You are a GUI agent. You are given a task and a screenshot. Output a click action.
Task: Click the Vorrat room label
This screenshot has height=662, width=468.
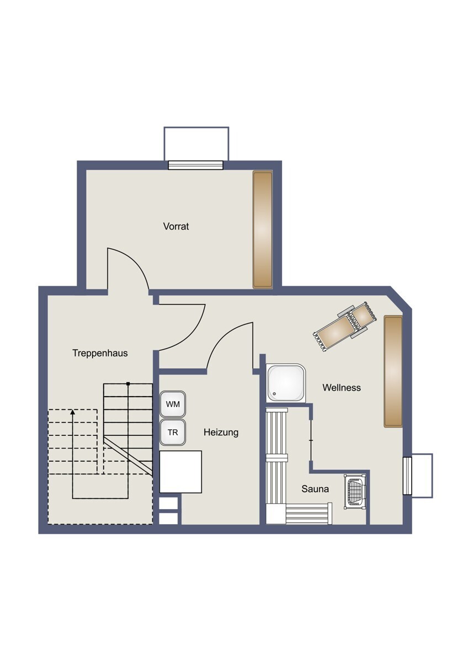point(176,227)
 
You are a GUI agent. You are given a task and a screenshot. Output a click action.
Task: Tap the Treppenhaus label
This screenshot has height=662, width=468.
point(100,353)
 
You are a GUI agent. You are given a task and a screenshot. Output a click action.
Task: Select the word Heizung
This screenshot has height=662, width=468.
point(221,433)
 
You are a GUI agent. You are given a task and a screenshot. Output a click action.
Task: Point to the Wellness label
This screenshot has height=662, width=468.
point(342,387)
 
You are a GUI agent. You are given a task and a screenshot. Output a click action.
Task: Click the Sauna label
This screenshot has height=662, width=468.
point(315,489)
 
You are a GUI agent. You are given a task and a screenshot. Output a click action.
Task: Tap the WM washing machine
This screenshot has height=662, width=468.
point(173,404)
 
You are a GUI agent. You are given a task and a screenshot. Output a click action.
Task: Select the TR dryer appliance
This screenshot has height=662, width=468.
point(173,433)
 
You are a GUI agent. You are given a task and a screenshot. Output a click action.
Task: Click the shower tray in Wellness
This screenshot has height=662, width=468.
point(285,383)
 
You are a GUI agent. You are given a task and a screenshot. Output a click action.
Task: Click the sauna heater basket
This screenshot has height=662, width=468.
point(355,492)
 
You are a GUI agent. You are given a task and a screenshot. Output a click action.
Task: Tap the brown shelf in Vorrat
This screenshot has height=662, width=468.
point(263,229)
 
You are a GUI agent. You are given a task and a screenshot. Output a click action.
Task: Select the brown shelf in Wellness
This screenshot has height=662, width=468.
point(393,371)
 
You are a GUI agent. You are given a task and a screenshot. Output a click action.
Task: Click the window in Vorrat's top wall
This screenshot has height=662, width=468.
point(196,165)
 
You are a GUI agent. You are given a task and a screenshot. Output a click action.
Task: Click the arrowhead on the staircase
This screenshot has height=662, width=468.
point(72,412)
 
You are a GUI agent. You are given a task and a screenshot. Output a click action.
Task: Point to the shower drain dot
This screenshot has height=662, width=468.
point(274,394)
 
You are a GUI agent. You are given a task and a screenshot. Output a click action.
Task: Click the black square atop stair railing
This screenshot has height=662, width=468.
point(128,383)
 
